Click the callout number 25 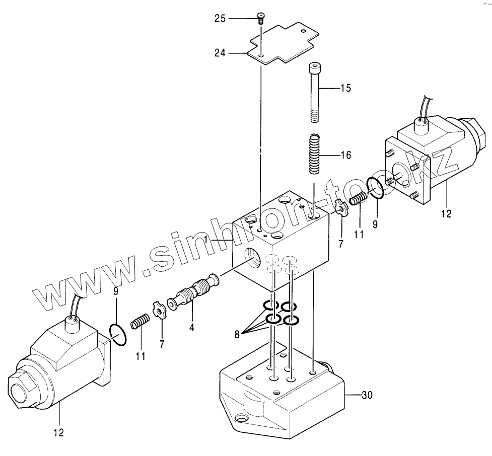click(220, 19)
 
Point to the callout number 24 click(220, 52)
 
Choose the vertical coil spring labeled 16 click(314, 154)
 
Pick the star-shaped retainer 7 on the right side click(341, 208)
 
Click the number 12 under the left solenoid click(59, 432)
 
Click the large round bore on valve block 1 click(252, 258)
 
